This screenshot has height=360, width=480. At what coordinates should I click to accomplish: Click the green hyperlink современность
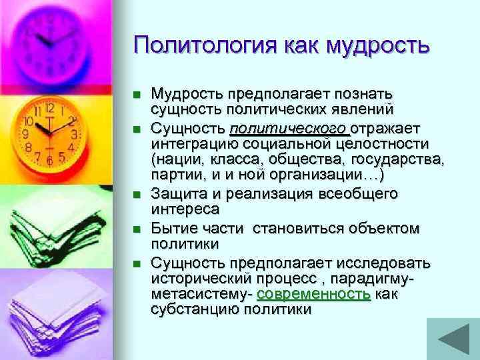(313, 294)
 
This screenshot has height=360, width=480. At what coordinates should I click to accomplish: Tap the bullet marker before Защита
(137, 195)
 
